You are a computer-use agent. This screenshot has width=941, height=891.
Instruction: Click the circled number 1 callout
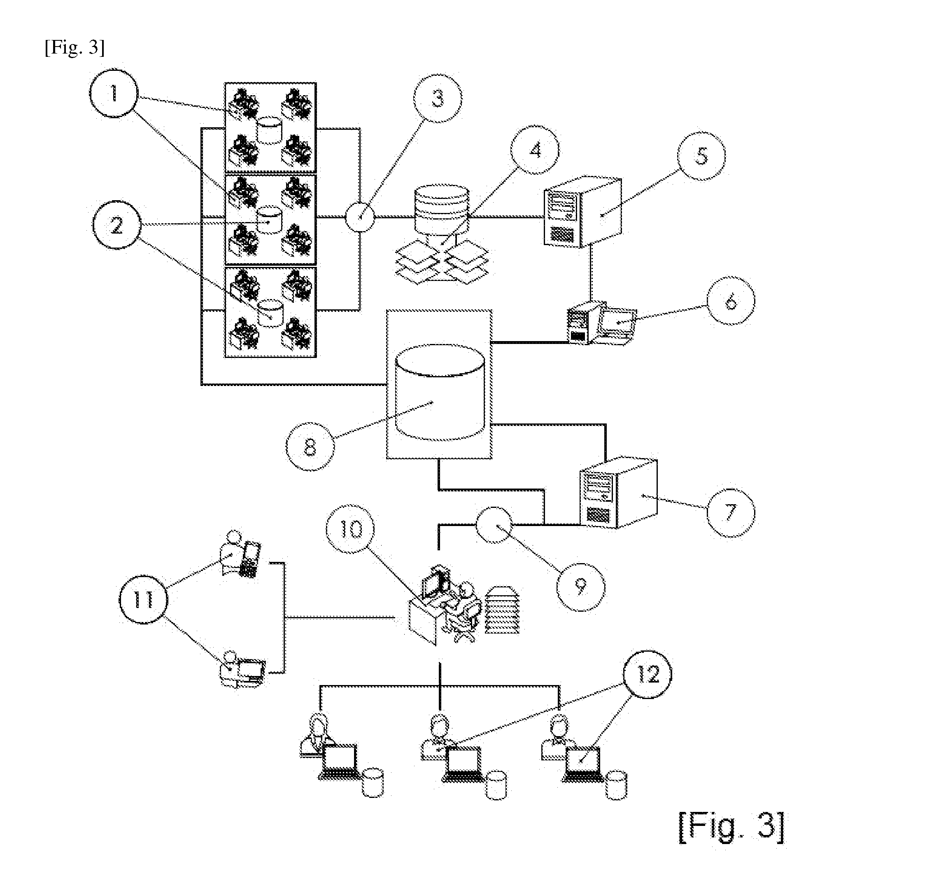[x=114, y=93]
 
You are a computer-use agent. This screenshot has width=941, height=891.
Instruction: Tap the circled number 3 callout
[x=438, y=98]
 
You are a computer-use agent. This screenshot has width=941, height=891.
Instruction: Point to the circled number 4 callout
[x=535, y=150]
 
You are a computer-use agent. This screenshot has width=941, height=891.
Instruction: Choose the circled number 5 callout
[x=701, y=156]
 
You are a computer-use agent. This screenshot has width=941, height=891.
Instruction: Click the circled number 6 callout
[x=731, y=300]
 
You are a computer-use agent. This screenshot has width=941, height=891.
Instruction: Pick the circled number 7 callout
[x=731, y=512]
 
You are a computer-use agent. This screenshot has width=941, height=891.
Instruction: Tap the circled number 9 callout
[x=581, y=587]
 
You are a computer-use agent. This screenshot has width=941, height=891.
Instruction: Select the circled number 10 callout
[x=350, y=529]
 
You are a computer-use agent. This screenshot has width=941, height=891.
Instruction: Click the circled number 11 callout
[x=143, y=599]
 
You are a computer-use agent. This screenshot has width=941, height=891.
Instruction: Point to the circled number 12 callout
[x=648, y=674]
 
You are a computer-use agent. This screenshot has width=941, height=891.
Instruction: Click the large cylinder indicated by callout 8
[x=440, y=392]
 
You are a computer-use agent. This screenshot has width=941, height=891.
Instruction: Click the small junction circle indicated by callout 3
[x=360, y=217]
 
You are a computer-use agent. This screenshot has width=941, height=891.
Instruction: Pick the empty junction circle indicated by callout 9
[x=494, y=525]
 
